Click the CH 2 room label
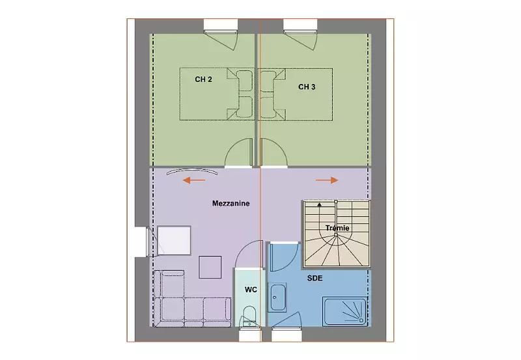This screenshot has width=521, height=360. [203, 79]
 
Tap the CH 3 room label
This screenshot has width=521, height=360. [307, 87]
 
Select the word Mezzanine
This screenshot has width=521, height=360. [231, 203]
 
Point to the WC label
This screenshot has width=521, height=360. [251, 290]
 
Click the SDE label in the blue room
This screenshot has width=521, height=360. [315, 278]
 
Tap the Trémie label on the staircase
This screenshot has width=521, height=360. [337, 228]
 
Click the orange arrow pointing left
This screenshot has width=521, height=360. [194, 180]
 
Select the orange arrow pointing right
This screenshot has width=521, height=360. [327, 180]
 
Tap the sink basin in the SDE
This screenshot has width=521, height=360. [277, 298]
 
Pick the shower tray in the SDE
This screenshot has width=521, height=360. [345, 312]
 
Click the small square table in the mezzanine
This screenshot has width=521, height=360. [210, 267]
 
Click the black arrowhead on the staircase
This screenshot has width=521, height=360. [319, 204]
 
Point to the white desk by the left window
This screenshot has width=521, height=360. [174, 240]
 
